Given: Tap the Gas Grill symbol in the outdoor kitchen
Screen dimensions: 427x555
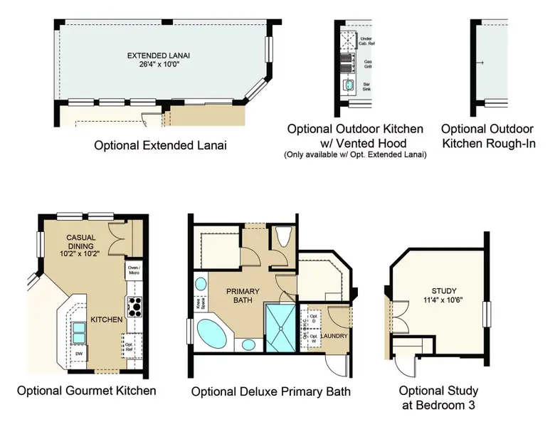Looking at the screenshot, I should [x=348, y=66].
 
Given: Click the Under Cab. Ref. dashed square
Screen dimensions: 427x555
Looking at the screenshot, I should [x=348, y=41].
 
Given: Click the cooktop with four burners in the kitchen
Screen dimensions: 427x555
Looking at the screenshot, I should [x=134, y=307].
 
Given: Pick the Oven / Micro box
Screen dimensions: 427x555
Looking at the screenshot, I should [x=133, y=270].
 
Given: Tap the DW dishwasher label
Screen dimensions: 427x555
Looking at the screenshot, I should [x=79, y=354].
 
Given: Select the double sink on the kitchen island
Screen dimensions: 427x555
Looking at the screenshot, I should [x=78, y=330].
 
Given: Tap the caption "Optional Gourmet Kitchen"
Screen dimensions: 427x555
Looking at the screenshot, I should [x=86, y=391].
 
